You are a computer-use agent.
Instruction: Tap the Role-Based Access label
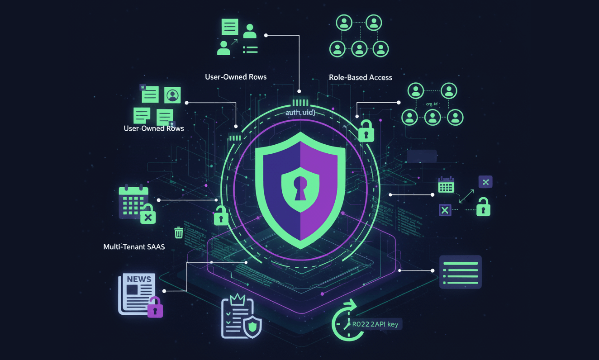[x=360, y=77]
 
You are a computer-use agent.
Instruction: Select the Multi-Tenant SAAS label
[x=134, y=247]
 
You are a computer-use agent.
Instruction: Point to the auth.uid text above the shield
[x=300, y=112]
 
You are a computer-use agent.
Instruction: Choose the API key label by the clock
[x=376, y=324]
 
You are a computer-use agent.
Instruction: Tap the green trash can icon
[x=179, y=233]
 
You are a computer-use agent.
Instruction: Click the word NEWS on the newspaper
[x=139, y=279]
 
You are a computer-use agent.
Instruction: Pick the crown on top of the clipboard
[x=238, y=299]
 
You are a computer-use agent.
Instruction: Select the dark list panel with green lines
[x=460, y=272]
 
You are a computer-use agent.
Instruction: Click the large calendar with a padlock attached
[x=133, y=202]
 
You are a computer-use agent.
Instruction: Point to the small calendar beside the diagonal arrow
[x=446, y=185]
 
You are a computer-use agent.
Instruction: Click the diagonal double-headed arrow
[x=466, y=196]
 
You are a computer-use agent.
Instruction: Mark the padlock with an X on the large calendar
[x=147, y=214]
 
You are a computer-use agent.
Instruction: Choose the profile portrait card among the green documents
[x=172, y=95]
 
